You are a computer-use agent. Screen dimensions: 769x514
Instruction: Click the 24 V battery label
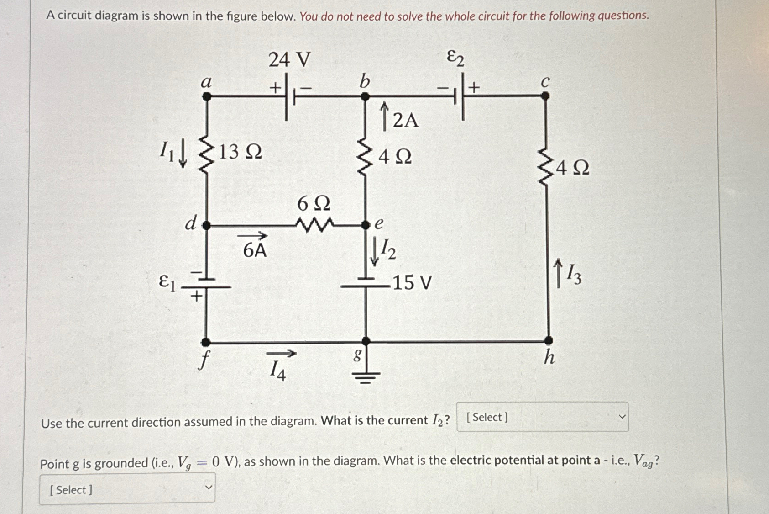click(x=289, y=59)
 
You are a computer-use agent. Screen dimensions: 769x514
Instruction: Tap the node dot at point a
click(x=207, y=96)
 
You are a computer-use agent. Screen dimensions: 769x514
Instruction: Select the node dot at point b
click(x=365, y=96)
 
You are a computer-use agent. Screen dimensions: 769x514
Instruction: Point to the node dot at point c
click(x=545, y=96)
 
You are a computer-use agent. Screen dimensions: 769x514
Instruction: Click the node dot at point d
click(x=206, y=225)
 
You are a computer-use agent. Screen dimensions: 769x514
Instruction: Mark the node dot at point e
click(x=366, y=225)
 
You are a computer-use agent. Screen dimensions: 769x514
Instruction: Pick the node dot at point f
click(x=206, y=342)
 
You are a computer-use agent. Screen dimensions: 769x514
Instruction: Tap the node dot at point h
click(x=549, y=340)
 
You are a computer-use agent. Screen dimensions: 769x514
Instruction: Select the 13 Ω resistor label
click(x=240, y=152)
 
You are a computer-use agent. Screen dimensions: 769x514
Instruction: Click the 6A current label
click(x=255, y=250)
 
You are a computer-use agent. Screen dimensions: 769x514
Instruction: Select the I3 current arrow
click(x=558, y=273)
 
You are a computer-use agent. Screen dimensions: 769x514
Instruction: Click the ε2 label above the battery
click(x=455, y=58)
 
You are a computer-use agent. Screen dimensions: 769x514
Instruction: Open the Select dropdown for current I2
click(x=542, y=417)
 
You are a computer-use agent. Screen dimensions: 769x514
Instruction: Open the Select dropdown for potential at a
click(x=127, y=489)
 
